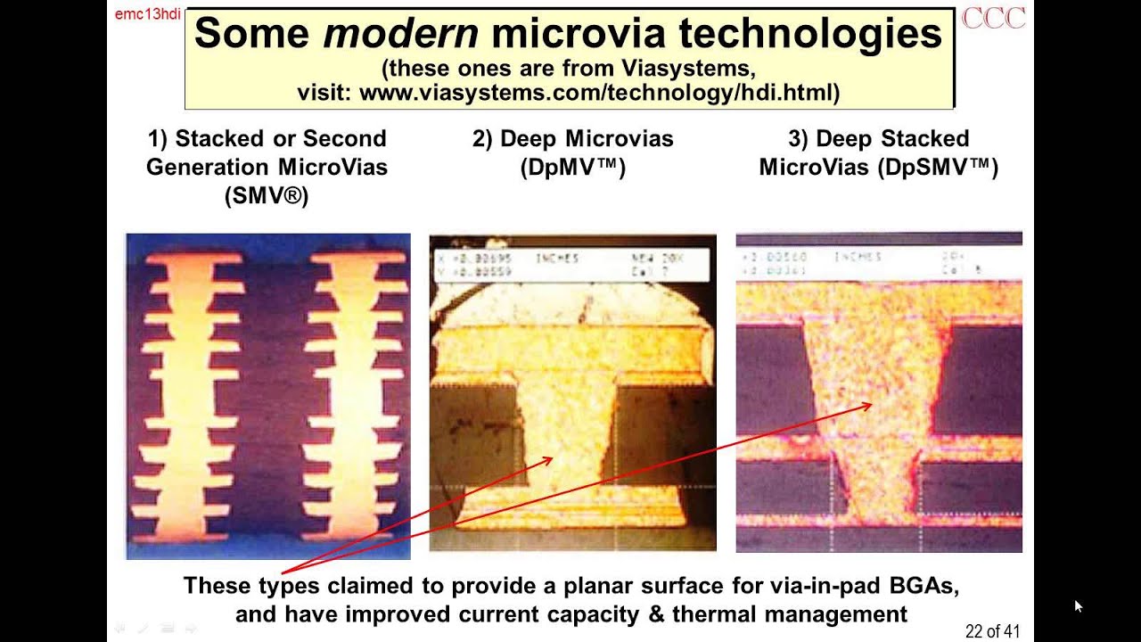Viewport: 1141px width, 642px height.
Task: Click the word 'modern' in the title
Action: (x=400, y=34)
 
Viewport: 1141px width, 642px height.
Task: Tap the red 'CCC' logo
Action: (x=993, y=18)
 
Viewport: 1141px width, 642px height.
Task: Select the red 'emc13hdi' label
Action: (x=147, y=14)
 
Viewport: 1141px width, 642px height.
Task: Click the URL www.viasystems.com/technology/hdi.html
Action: (x=599, y=92)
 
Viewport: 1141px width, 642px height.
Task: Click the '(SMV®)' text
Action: (x=267, y=196)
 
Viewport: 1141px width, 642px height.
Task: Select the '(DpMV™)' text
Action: (x=572, y=168)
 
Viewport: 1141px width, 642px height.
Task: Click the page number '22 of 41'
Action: (x=992, y=631)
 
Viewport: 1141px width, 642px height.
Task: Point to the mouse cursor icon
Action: (x=1078, y=606)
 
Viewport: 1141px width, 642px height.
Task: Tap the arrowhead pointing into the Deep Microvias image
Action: (x=547, y=461)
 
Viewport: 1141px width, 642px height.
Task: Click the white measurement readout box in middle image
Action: (x=571, y=265)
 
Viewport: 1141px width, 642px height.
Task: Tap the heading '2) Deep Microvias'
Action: (x=572, y=139)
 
